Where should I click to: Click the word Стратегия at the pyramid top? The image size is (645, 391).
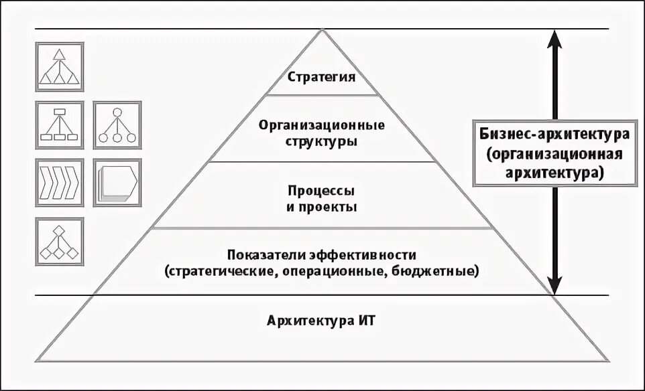pyautogui.click(x=322, y=76)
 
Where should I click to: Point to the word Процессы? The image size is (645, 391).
pyautogui.click(x=322, y=191)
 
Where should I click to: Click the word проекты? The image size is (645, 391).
pyautogui.click(x=329, y=207)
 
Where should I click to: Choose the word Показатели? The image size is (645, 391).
pyautogui.click(x=266, y=255)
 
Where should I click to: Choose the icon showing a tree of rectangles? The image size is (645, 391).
pyautogui.click(x=60, y=124)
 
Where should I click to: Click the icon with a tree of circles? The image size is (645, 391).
pyautogui.click(x=117, y=124)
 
